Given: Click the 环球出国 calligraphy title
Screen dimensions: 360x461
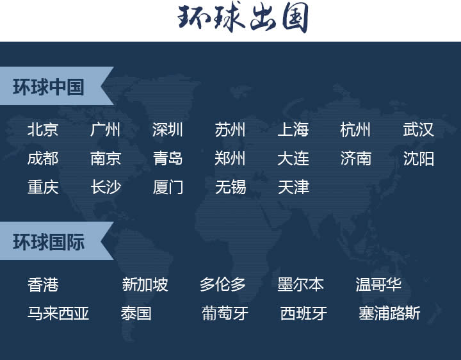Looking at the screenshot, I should (x=243, y=19).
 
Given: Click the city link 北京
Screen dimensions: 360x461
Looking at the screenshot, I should (x=43, y=130).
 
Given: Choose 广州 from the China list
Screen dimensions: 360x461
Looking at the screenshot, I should (x=105, y=130).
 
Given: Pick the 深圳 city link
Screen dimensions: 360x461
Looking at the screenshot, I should (x=168, y=130).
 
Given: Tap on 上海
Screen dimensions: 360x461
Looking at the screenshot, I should (x=293, y=130).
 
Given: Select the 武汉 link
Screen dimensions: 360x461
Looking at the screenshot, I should (x=418, y=130).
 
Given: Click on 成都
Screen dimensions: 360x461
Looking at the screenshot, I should (x=43, y=158).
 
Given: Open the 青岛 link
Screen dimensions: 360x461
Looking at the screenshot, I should (x=168, y=158).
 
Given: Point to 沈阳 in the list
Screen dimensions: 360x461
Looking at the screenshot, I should (x=418, y=158).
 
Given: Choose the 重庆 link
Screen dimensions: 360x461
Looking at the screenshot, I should (x=43, y=187).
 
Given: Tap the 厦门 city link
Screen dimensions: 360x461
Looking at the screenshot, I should (x=168, y=187).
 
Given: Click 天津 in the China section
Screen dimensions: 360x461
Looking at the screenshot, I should (x=293, y=187).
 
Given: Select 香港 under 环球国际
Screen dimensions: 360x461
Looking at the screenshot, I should (x=43, y=284).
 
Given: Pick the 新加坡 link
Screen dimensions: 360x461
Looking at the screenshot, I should (x=145, y=284).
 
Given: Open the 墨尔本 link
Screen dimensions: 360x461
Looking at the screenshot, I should (x=300, y=284).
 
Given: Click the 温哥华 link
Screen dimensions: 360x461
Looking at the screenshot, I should (x=378, y=284).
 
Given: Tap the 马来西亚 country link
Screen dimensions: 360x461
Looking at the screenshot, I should (x=58, y=313).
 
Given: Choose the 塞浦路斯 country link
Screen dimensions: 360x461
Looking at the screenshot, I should (x=389, y=313).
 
